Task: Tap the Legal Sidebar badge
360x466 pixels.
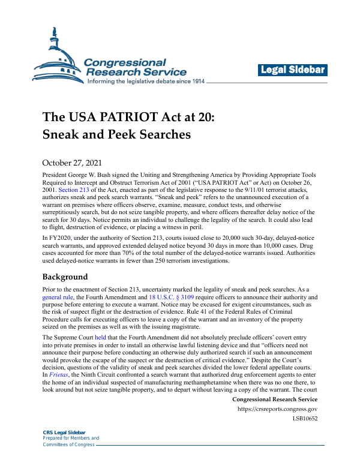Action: coord(293,70)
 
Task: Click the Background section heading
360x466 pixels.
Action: coord(65,277)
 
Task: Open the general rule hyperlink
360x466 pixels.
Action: coord(58,296)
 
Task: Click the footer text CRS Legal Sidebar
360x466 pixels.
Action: coord(64,432)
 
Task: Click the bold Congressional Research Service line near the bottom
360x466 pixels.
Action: coord(274,399)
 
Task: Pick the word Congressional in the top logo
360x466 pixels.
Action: coord(124,62)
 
